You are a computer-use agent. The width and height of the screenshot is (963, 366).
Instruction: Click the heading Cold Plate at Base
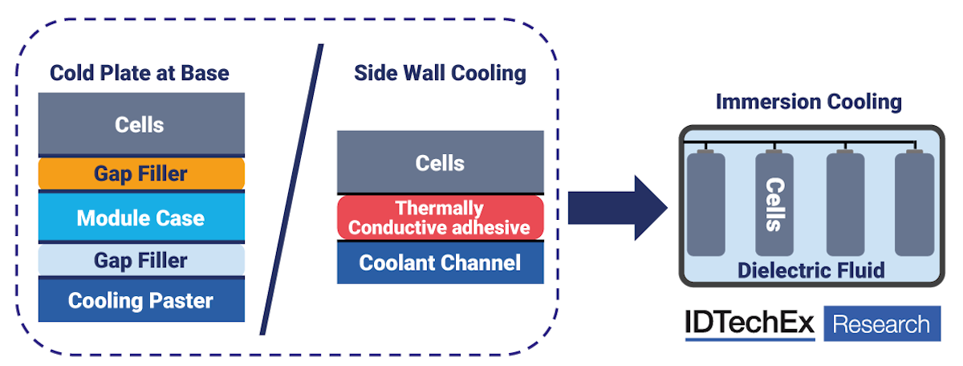point(140,73)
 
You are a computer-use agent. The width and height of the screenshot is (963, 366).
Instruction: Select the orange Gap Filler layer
point(140,173)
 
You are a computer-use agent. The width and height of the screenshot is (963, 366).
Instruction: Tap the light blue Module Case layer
point(140,218)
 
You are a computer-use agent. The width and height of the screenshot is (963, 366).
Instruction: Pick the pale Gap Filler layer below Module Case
point(140,260)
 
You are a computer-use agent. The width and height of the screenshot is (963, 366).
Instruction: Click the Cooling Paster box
point(140,301)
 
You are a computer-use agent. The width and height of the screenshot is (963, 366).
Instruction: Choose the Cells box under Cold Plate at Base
point(140,124)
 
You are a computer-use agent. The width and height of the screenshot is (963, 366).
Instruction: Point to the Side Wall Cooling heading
point(440,73)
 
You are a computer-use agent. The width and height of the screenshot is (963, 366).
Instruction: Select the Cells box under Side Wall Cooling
point(440,164)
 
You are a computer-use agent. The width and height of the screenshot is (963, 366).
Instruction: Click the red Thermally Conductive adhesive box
point(440,218)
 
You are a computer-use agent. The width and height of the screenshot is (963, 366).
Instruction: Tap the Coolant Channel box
point(440,262)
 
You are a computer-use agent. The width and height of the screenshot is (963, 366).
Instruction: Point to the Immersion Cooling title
point(808,102)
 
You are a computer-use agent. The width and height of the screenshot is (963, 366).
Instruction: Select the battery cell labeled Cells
point(774,205)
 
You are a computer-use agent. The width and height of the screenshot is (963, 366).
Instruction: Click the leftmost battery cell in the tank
point(706,205)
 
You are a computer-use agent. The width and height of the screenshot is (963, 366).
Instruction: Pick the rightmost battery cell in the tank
point(914,205)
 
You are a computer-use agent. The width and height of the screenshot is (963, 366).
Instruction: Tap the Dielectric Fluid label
point(811,270)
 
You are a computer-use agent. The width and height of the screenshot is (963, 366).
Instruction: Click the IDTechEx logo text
point(750,324)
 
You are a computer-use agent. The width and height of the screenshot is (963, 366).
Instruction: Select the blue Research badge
point(882,324)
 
